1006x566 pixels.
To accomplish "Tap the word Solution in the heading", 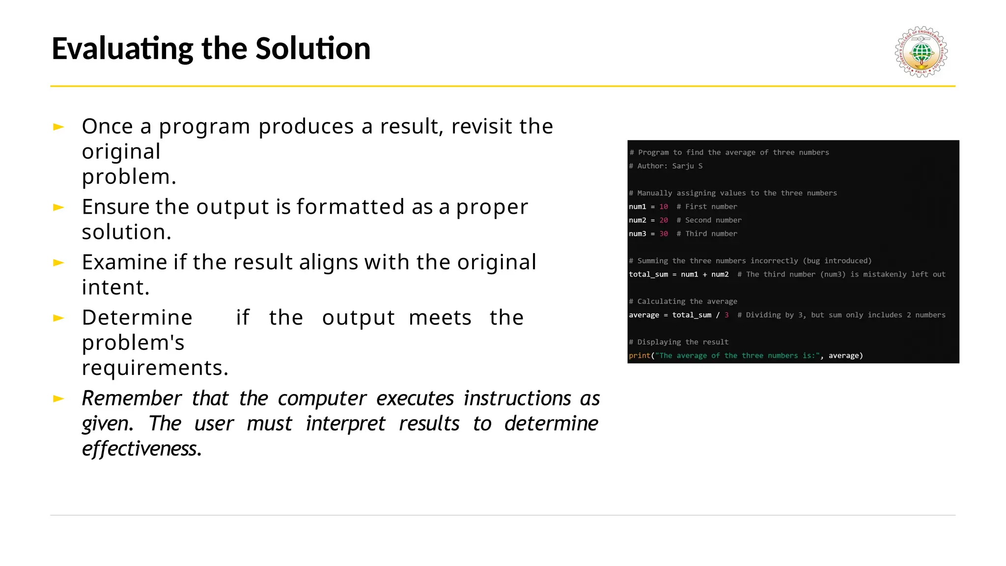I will pyautogui.click(x=313, y=49).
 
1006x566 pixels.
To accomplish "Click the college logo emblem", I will pyautogui.click(x=921, y=52).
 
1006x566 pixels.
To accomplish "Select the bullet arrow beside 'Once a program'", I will pyautogui.click(x=58, y=127).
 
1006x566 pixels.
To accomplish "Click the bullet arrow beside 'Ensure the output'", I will pyautogui.click(x=58, y=207).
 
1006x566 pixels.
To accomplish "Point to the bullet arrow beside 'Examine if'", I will pyautogui.click(x=58, y=263).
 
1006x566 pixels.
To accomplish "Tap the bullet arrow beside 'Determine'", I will pyautogui.click(x=58, y=318).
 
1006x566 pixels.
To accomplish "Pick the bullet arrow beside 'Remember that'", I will pyautogui.click(x=58, y=398).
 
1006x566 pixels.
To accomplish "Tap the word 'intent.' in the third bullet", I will pyautogui.click(x=115, y=287).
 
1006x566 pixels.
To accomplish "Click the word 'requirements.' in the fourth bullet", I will pyautogui.click(x=155, y=368).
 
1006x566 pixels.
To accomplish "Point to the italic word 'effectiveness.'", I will pyautogui.click(x=141, y=449).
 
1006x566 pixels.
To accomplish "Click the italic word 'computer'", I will pyautogui.click(x=322, y=398).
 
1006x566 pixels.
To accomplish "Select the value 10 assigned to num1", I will pyautogui.click(x=664, y=207).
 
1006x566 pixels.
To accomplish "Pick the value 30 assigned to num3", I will pyautogui.click(x=664, y=234).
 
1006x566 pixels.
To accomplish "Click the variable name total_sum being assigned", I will pyautogui.click(x=648, y=274).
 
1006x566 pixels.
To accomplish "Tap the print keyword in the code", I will pyautogui.click(x=640, y=356).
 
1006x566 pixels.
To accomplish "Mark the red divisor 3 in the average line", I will pyautogui.click(x=727, y=315).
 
